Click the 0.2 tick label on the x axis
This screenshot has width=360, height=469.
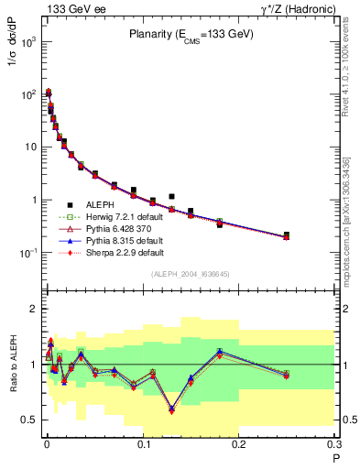(238, 447)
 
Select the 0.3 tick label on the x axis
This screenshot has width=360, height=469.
(333, 447)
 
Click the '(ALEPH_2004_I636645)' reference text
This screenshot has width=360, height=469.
(191, 274)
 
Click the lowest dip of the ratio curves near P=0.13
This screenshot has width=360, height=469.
(171, 410)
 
